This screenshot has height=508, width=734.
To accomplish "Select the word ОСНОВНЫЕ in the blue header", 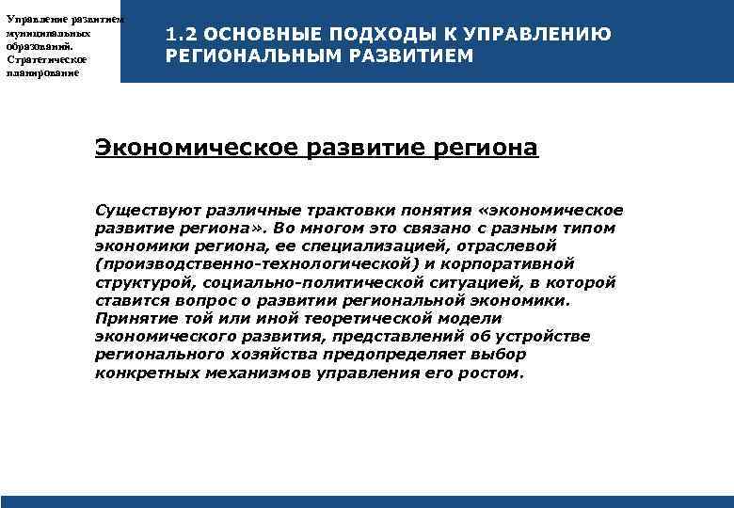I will (248, 35).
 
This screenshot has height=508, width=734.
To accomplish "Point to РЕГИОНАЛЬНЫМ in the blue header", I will (248, 56).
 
